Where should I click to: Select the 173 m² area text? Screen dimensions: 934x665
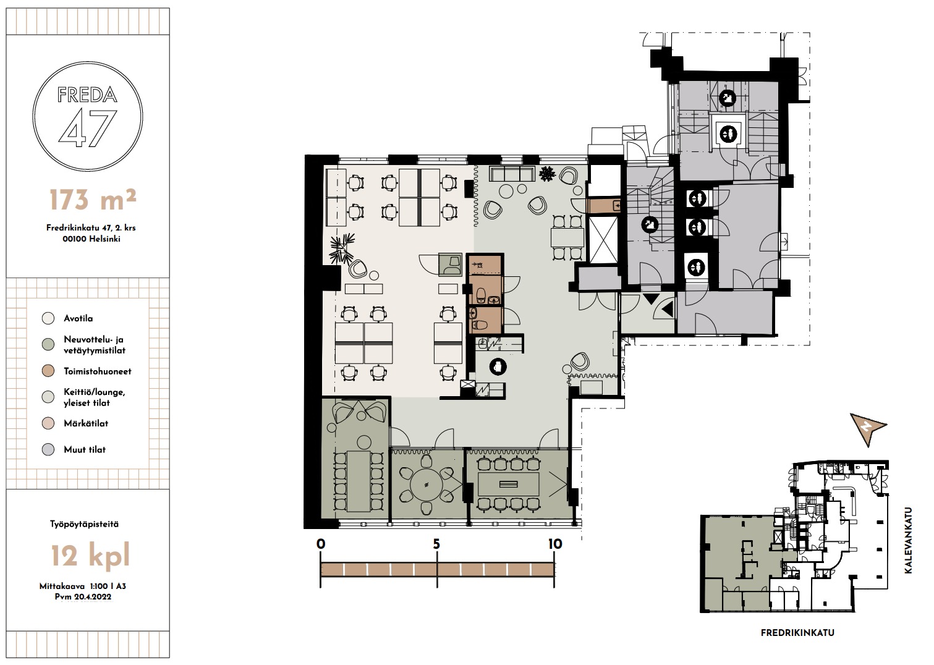[x=93, y=200]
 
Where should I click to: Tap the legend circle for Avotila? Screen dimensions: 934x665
[x=48, y=318]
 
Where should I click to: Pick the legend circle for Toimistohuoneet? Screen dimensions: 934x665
[x=48, y=371]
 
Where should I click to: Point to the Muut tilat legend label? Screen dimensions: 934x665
[x=85, y=450]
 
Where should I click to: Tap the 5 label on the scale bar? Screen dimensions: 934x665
[x=436, y=544]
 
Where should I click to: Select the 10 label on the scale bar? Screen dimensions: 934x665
[x=555, y=544]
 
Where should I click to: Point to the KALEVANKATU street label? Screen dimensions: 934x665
[x=909, y=540]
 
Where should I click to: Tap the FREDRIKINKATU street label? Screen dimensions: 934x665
[x=797, y=633]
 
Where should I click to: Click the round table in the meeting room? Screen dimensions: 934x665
[x=426, y=485]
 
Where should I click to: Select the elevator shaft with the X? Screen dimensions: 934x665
[x=603, y=240]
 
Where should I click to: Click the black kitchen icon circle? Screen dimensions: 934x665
[x=498, y=367]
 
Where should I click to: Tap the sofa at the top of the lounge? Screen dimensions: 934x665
[x=512, y=174]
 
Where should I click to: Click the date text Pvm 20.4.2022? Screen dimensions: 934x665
[x=83, y=597]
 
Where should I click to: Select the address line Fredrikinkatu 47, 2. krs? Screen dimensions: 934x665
[x=91, y=228]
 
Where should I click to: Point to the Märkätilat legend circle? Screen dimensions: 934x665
[x=48, y=423]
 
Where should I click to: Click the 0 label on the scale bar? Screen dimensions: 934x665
[x=321, y=544]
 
